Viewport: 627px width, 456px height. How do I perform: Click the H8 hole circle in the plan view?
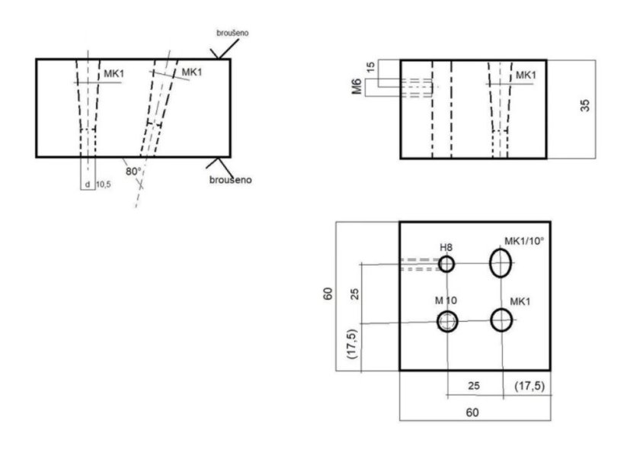point(446,264)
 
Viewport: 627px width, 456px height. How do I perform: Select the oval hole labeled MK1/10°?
point(501,263)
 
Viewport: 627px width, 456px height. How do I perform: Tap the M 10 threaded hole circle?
point(447,321)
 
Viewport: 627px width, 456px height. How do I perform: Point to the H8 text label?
point(446,248)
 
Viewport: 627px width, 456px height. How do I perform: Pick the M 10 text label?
point(447,302)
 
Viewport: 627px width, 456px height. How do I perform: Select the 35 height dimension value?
point(585,105)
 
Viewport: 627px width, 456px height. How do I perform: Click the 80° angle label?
point(133,172)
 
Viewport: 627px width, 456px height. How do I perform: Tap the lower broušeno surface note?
point(230,180)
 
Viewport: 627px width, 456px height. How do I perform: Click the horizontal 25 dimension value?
point(472,385)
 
